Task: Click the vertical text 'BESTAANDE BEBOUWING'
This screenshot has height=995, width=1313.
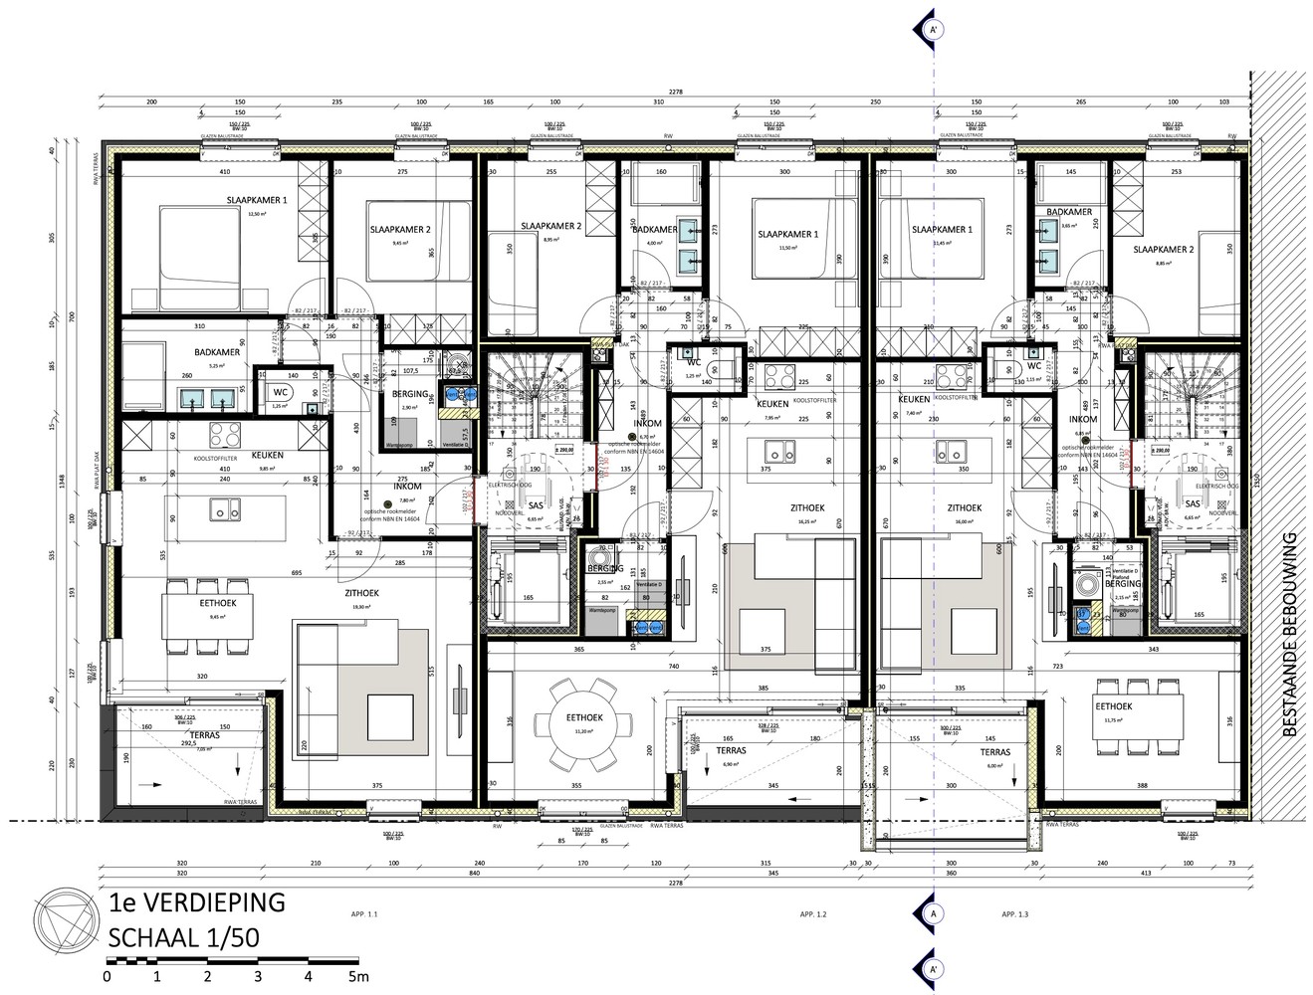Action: tap(1291, 635)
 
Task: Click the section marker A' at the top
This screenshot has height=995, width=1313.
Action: tap(934, 29)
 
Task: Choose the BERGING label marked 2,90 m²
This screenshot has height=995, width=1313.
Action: tap(409, 394)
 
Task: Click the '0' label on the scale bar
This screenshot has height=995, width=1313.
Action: tap(107, 977)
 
